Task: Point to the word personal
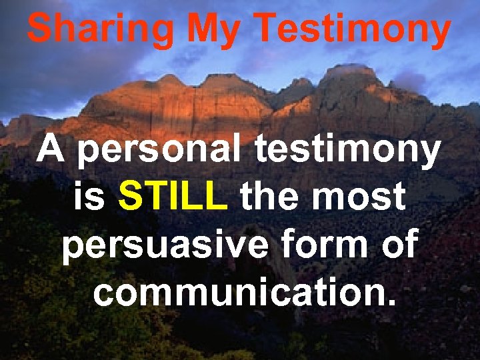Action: click(x=160, y=153)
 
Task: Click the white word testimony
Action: click(x=347, y=153)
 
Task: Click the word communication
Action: click(x=237, y=291)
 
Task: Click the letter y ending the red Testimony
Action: click(x=439, y=33)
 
